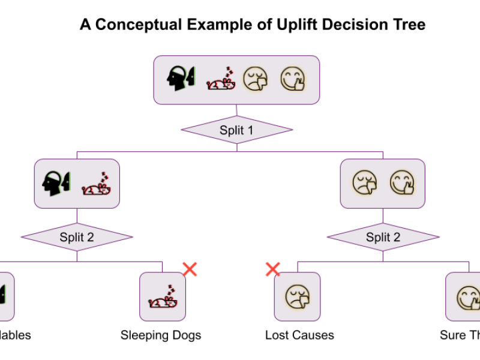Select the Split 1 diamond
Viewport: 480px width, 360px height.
tap(236, 130)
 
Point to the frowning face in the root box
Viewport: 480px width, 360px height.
tap(255, 79)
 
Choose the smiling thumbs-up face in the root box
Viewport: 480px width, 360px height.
tap(293, 79)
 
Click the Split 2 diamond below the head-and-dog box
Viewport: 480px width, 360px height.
tap(77, 237)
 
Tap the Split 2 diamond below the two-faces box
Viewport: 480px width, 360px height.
tap(383, 237)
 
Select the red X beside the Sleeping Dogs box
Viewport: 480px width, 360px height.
tap(190, 269)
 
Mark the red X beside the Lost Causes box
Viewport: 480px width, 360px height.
tap(272, 269)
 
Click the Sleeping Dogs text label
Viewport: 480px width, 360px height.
tap(161, 335)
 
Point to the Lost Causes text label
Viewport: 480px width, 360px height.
tap(299, 335)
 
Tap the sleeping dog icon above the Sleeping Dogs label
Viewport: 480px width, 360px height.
tap(162, 297)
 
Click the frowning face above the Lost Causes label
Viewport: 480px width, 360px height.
tap(297, 296)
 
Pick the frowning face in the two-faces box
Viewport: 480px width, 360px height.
tap(365, 183)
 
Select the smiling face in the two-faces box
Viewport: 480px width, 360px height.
tap(402, 183)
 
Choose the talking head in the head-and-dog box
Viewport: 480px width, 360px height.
tap(56, 183)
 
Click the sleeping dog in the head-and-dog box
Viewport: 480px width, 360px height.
tap(97, 184)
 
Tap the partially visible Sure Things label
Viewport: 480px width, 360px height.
tap(460, 335)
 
